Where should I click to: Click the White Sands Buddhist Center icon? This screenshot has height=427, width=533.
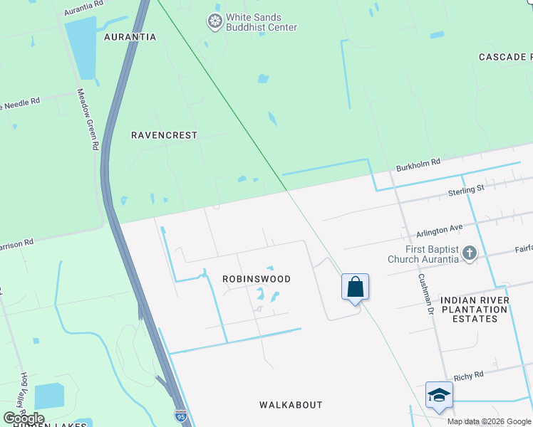point(214,22)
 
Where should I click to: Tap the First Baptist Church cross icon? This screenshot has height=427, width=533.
point(469,253)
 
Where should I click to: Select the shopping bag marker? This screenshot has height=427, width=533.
point(356,288)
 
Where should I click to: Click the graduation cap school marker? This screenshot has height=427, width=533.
point(439,396)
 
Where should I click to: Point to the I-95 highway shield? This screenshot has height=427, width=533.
point(182,415)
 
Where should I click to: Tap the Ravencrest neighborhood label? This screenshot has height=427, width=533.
point(165,135)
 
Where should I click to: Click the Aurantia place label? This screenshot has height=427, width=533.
point(130,37)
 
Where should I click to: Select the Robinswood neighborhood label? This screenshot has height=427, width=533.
point(257,279)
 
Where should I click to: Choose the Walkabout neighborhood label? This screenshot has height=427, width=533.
point(291,405)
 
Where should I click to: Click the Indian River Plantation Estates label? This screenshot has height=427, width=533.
point(475,310)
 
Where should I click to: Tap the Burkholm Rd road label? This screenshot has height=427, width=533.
point(418,165)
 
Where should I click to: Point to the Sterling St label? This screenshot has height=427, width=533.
point(466,189)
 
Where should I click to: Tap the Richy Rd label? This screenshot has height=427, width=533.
point(468,374)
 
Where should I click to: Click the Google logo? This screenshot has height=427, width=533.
point(24,418)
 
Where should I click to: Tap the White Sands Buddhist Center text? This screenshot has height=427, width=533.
point(262,22)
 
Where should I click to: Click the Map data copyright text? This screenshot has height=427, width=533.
point(489,421)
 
